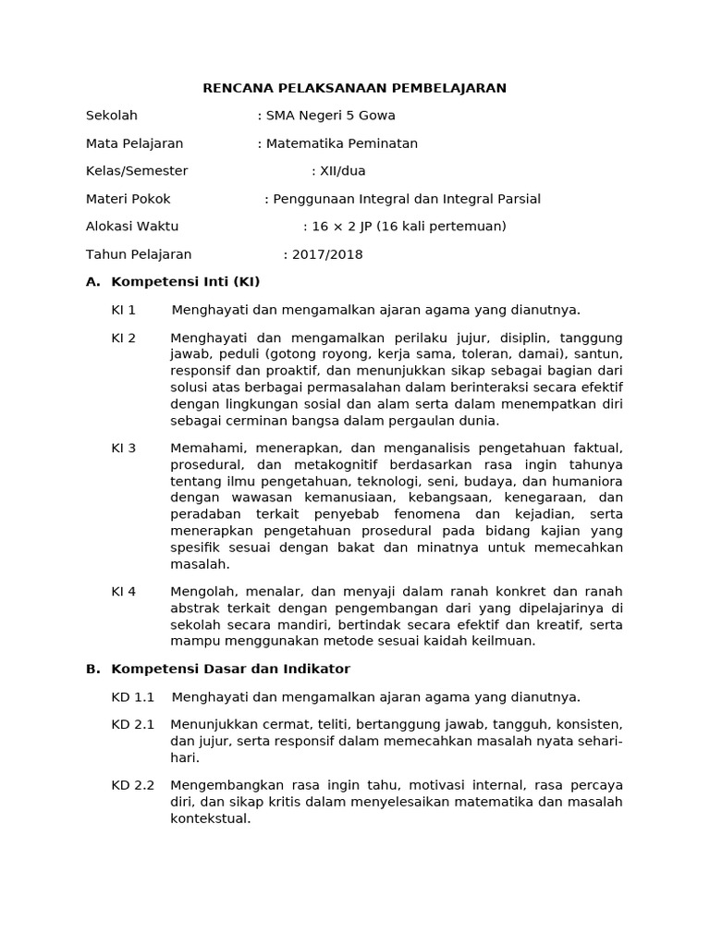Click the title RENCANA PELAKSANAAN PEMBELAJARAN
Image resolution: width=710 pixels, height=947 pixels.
point(355,88)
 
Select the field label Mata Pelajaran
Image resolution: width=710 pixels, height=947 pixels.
point(134,143)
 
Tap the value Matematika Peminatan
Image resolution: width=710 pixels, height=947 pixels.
point(341,143)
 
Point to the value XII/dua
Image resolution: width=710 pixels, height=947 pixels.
point(338,171)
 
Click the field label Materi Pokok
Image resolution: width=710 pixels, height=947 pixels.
point(129,199)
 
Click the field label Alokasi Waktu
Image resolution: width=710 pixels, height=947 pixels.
point(132,227)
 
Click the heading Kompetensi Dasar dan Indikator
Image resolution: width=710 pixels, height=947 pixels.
point(230,669)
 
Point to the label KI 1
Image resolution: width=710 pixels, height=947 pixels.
point(124,310)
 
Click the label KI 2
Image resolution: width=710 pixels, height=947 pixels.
point(124,338)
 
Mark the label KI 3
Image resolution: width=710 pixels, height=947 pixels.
point(124,448)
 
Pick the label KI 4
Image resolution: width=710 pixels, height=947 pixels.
point(124,591)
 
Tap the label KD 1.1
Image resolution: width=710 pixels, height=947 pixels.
point(132,696)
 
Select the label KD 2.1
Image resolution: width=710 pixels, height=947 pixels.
point(132,724)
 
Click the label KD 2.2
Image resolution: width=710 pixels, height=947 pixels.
point(132,784)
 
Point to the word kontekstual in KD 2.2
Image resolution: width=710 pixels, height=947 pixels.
point(211,818)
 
